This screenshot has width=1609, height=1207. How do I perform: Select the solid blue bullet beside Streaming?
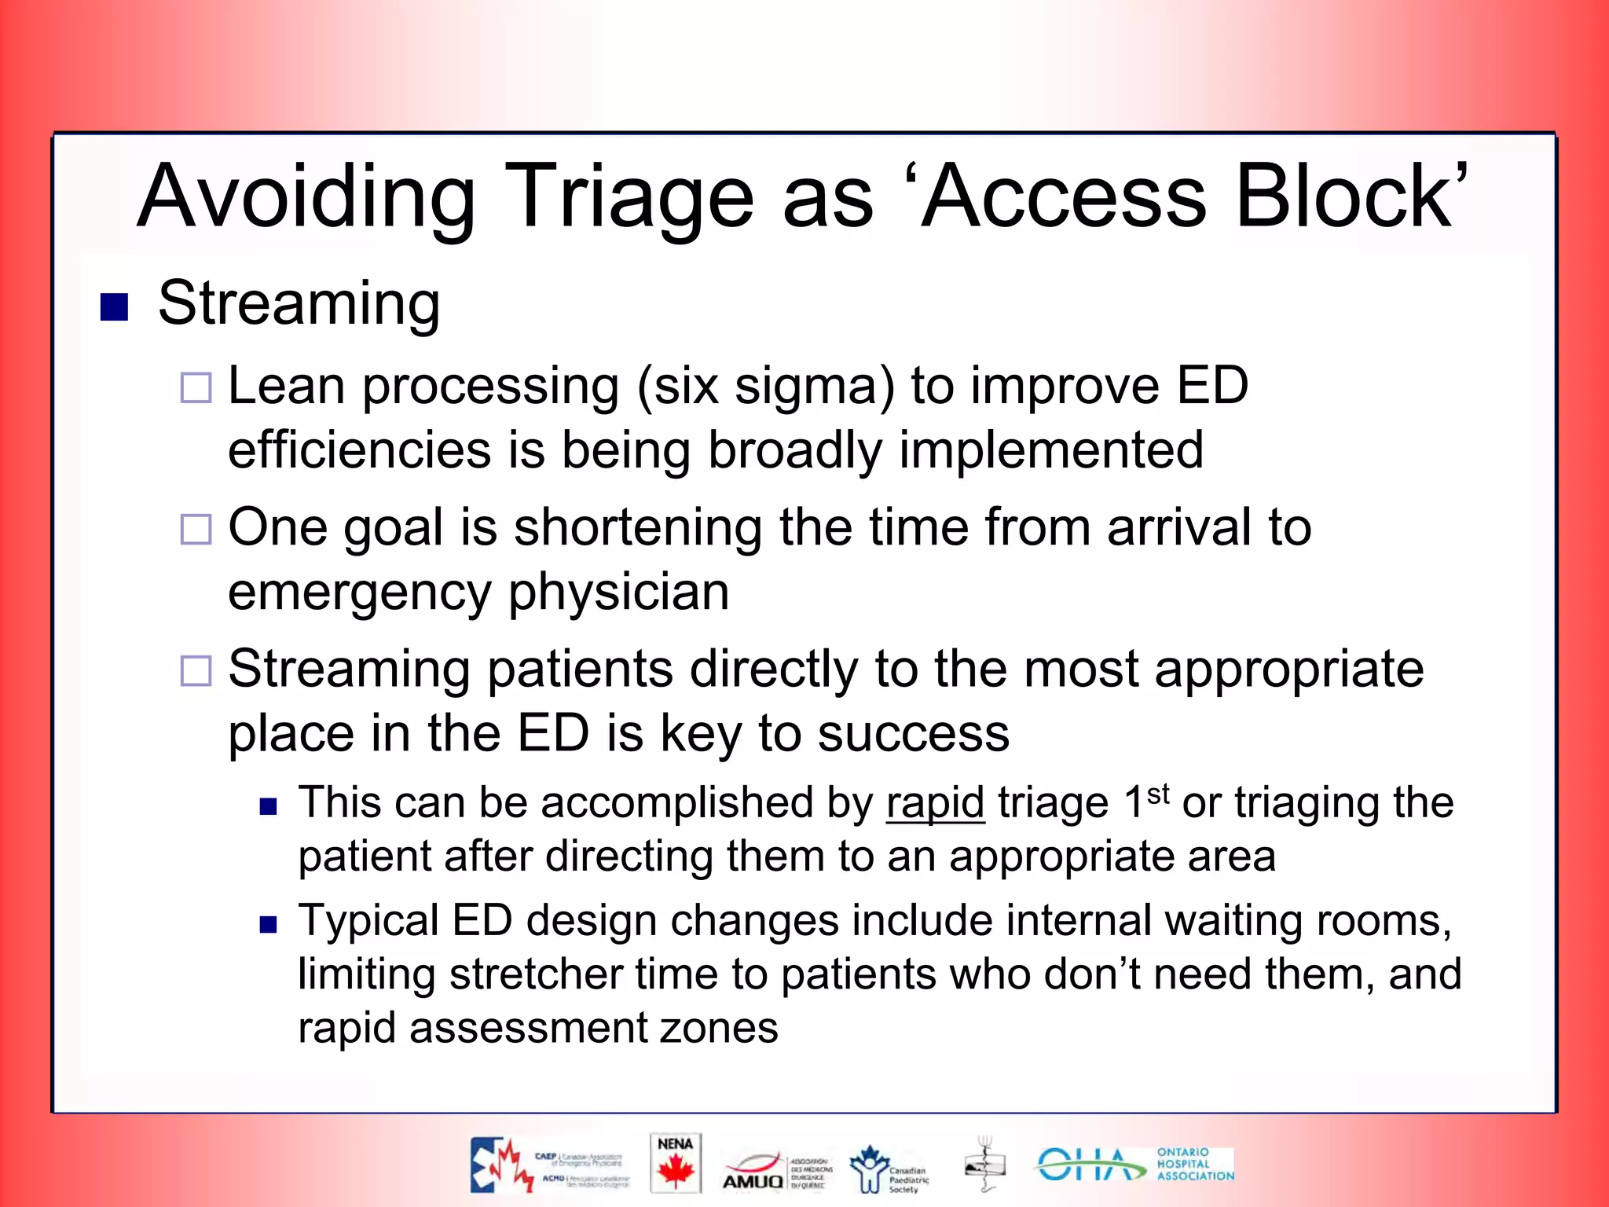click(x=114, y=307)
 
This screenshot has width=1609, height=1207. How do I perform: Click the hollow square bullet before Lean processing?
click(x=196, y=387)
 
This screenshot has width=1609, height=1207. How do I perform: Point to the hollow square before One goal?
click(x=196, y=529)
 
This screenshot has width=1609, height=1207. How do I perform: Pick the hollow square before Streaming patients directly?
click(x=196, y=670)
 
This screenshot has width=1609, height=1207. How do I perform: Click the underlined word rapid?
click(x=935, y=804)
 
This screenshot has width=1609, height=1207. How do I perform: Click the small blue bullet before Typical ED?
click(x=269, y=924)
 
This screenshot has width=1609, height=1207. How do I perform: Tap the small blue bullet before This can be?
click(x=269, y=806)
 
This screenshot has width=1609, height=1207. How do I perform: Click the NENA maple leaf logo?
click(x=675, y=1164)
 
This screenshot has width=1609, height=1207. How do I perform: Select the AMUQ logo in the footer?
click(x=753, y=1171)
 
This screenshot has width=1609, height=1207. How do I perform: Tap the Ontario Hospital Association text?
click(x=1194, y=1164)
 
